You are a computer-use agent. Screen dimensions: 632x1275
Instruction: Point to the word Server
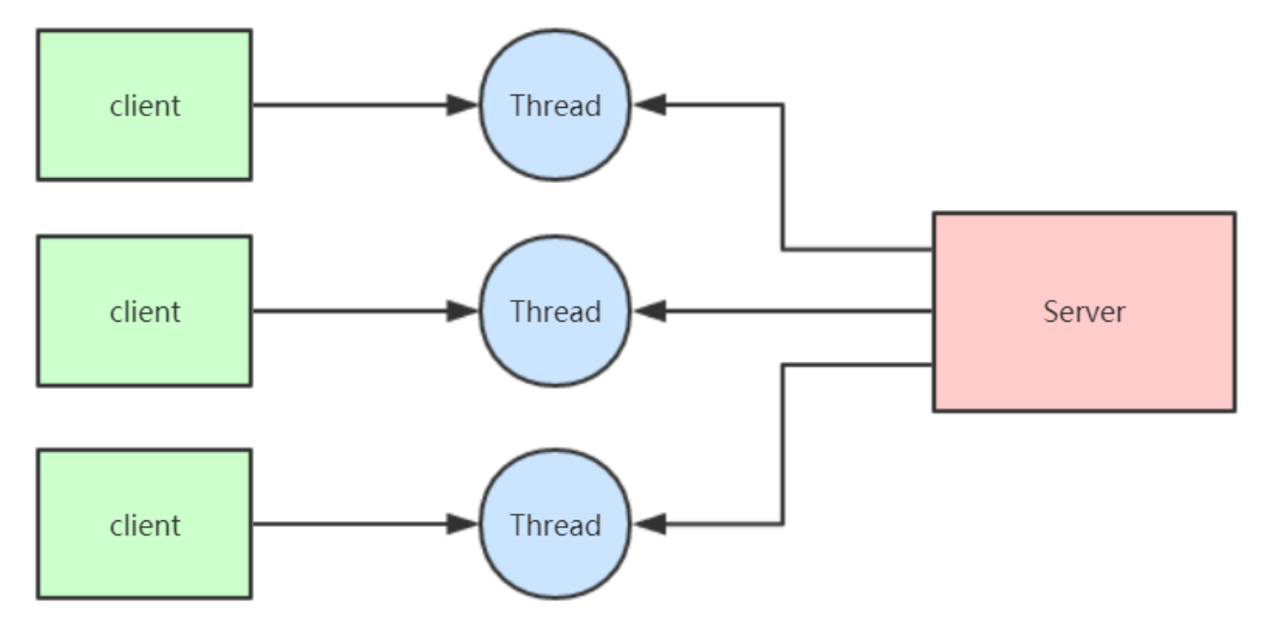(x=1084, y=311)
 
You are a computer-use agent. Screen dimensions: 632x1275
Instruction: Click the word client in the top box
(x=144, y=105)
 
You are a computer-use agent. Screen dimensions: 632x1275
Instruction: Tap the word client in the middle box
(x=144, y=311)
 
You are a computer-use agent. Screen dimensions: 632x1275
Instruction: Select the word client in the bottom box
(x=144, y=525)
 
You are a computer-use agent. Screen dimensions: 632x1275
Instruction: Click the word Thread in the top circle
(x=555, y=105)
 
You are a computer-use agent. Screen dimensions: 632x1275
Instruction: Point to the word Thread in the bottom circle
(x=555, y=525)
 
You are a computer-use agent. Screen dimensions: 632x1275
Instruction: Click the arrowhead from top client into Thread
(x=463, y=105)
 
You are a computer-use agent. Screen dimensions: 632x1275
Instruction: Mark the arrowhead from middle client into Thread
(x=463, y=311)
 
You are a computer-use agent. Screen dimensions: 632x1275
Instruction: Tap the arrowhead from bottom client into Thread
(x=463, y=524)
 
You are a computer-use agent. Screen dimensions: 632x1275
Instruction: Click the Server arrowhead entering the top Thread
(x=650, y=105)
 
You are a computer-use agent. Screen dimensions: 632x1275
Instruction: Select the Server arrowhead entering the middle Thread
(x=650, y=311)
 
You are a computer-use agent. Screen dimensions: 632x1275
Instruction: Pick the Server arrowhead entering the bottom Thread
(x=650, y=524)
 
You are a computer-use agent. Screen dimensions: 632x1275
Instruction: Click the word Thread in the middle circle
(x=555, y=311)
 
